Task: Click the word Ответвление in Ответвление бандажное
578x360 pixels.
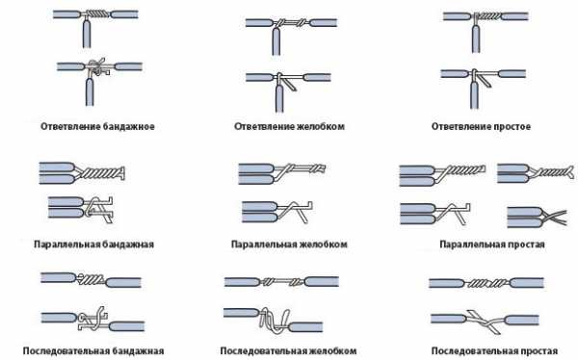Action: (70, 126)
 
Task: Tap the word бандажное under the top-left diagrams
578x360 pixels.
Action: (128, 126)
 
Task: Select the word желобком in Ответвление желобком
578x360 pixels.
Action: (321, 126)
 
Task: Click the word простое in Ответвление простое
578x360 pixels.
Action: (512, 126)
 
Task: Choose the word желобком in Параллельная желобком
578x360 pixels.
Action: (323, 244)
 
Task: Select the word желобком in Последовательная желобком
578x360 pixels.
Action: (332, 350)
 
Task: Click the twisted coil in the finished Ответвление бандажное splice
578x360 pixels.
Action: (100, 14)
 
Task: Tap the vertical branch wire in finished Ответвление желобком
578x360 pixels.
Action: (276, 41)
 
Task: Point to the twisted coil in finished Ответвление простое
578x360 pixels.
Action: (489, 15)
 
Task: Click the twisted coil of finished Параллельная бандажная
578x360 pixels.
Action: (101, 173)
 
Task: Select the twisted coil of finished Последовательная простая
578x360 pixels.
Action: (487, 283)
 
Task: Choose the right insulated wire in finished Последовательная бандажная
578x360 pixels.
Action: (123, 283)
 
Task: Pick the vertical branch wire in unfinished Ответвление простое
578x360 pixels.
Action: (474, 95)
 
